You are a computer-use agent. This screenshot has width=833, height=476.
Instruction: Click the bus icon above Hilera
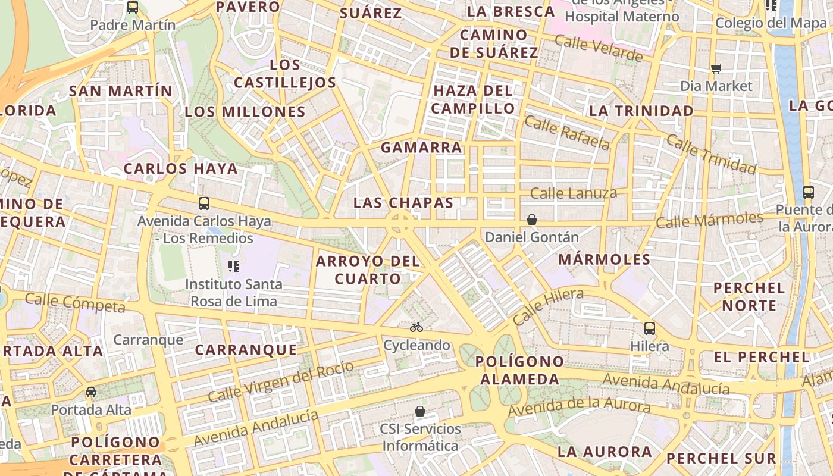[650, 328]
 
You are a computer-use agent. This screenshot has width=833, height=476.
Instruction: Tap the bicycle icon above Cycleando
[416, 327]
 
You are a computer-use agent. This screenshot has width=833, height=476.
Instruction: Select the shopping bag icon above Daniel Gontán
[532, 220]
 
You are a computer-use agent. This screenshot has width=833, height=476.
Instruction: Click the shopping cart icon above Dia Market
[716, 69]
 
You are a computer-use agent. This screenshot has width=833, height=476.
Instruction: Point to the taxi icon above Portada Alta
[90, 392]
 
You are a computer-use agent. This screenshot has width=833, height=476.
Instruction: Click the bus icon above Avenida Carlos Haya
[204, 203]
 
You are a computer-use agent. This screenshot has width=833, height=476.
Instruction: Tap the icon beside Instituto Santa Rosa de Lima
[234, 266]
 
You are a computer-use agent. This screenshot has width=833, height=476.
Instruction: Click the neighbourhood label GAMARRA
[421, 147]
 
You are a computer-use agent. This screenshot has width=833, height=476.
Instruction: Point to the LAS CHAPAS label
[403, 202]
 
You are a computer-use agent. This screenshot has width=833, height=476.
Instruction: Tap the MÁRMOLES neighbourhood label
[605, 259]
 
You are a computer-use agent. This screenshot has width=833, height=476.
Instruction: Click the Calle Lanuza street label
[573, 193]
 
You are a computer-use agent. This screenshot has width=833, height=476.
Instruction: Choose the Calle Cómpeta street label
[75, 302]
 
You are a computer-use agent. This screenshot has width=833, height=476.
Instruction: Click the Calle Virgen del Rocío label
[281, 381]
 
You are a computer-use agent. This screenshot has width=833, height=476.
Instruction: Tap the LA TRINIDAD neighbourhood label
[641, 111]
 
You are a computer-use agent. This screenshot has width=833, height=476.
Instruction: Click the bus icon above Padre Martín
[133, 7]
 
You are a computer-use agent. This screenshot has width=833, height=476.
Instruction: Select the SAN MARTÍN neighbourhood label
[120, 91]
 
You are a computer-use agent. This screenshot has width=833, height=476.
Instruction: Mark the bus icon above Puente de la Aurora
[808, 192]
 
